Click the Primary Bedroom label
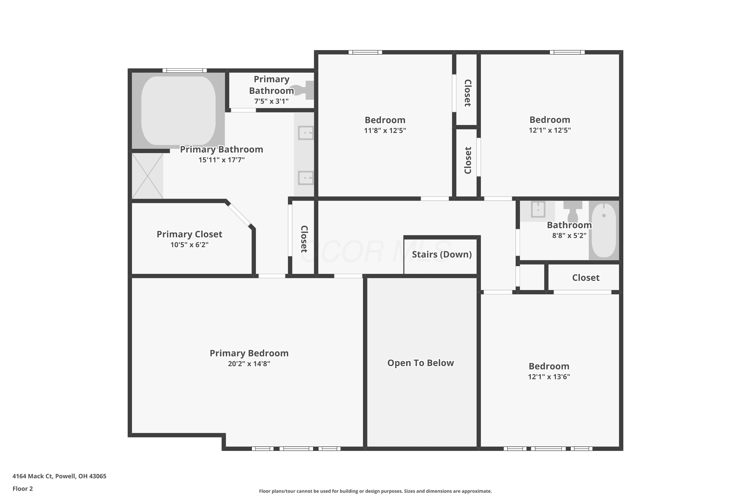tap(249, 353)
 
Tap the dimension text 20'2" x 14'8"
tap(249, 364)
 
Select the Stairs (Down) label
tap(442, 255)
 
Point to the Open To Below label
tap(421, 363)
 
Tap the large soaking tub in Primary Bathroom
tap(178, 110)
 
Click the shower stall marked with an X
tap(147, 176)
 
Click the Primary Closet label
tap(189, 234)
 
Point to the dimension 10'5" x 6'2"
tap(189, 245)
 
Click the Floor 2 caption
tap(23, 488)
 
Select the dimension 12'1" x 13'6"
tap(549, 377)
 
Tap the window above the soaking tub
tap(184, 71)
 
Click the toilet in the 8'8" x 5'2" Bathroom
tap(573, 211)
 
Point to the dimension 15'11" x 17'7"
tap(222, 160)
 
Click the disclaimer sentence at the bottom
tap(375, 491)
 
